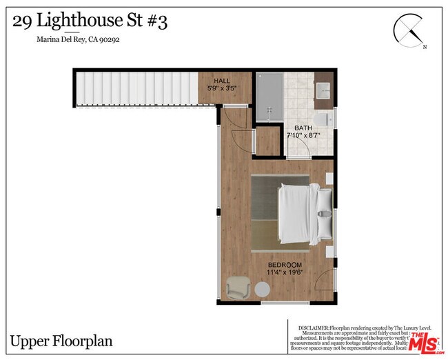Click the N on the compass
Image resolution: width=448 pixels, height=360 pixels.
coord(425,47)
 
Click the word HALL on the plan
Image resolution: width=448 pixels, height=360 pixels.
coord(222,81)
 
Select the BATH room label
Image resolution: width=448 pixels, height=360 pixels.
coord(303,128)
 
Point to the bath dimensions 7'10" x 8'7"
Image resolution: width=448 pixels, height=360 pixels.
coord(304,136)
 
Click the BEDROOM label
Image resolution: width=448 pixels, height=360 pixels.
coord(285,266)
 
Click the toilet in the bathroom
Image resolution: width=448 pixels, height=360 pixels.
coord(323,121)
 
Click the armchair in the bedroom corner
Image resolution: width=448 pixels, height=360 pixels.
coord(238,287)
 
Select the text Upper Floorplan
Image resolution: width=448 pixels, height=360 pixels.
coord(61,341)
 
